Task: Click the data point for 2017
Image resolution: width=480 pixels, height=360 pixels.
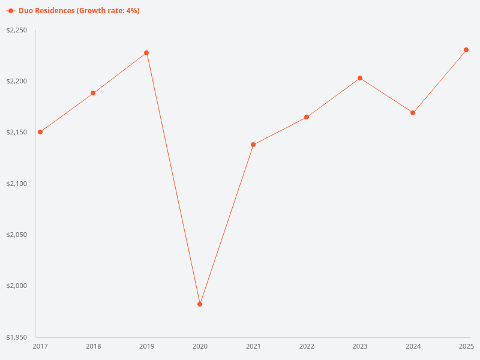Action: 40,132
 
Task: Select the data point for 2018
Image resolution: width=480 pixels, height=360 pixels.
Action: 93,93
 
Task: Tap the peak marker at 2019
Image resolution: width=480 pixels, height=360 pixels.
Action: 146,53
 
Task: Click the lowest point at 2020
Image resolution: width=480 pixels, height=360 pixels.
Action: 200,304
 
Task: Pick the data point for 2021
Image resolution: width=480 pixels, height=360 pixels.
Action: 253,145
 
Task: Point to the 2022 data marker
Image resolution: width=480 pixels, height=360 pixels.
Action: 307,117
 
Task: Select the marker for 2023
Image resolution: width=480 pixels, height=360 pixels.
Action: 360,78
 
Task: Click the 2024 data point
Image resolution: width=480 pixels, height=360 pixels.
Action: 413,113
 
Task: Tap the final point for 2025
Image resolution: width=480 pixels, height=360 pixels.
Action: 466,50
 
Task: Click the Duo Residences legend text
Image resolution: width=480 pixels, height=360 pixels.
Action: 79,11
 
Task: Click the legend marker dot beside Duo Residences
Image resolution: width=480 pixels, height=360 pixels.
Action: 11,11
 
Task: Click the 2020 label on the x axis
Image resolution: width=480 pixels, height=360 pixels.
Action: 200,346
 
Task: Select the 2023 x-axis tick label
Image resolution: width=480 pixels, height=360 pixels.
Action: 360,346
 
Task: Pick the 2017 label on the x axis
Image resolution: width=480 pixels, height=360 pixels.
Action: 40,346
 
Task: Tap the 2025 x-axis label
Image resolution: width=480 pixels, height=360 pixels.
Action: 466,346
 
